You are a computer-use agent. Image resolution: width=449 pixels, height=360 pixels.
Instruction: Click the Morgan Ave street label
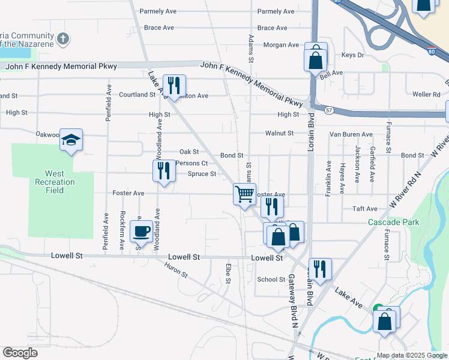(x=280, y=45)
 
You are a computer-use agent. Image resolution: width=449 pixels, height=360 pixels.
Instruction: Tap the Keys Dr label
(x=352, y=55)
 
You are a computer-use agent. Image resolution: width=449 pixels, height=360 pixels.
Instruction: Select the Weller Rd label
(x=426, y=94)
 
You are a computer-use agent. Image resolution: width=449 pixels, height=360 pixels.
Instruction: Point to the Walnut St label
(x=279, y=133)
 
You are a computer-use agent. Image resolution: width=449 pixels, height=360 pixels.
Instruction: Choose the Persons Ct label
(x=191, y=163)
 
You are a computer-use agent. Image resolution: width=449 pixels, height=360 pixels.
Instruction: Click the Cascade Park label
(x=393, y=222)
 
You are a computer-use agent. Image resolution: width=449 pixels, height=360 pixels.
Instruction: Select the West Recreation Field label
(x=55, y=182)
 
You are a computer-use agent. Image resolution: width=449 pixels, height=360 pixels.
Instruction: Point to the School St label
(x=271, y=280)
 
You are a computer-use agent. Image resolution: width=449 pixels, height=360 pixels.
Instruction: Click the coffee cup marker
(x=142, y=231)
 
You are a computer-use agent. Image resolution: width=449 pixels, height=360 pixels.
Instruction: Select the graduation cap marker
(x=71, y=142)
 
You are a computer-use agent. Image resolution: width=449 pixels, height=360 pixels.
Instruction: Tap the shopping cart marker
(x=244, y=194)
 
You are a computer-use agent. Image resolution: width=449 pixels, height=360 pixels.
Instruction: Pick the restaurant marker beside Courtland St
(x=174, y=85)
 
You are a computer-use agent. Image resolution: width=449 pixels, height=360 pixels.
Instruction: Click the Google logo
(x=20, y=353)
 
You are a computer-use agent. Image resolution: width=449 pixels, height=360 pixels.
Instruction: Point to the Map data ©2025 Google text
(x=411, y=355)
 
